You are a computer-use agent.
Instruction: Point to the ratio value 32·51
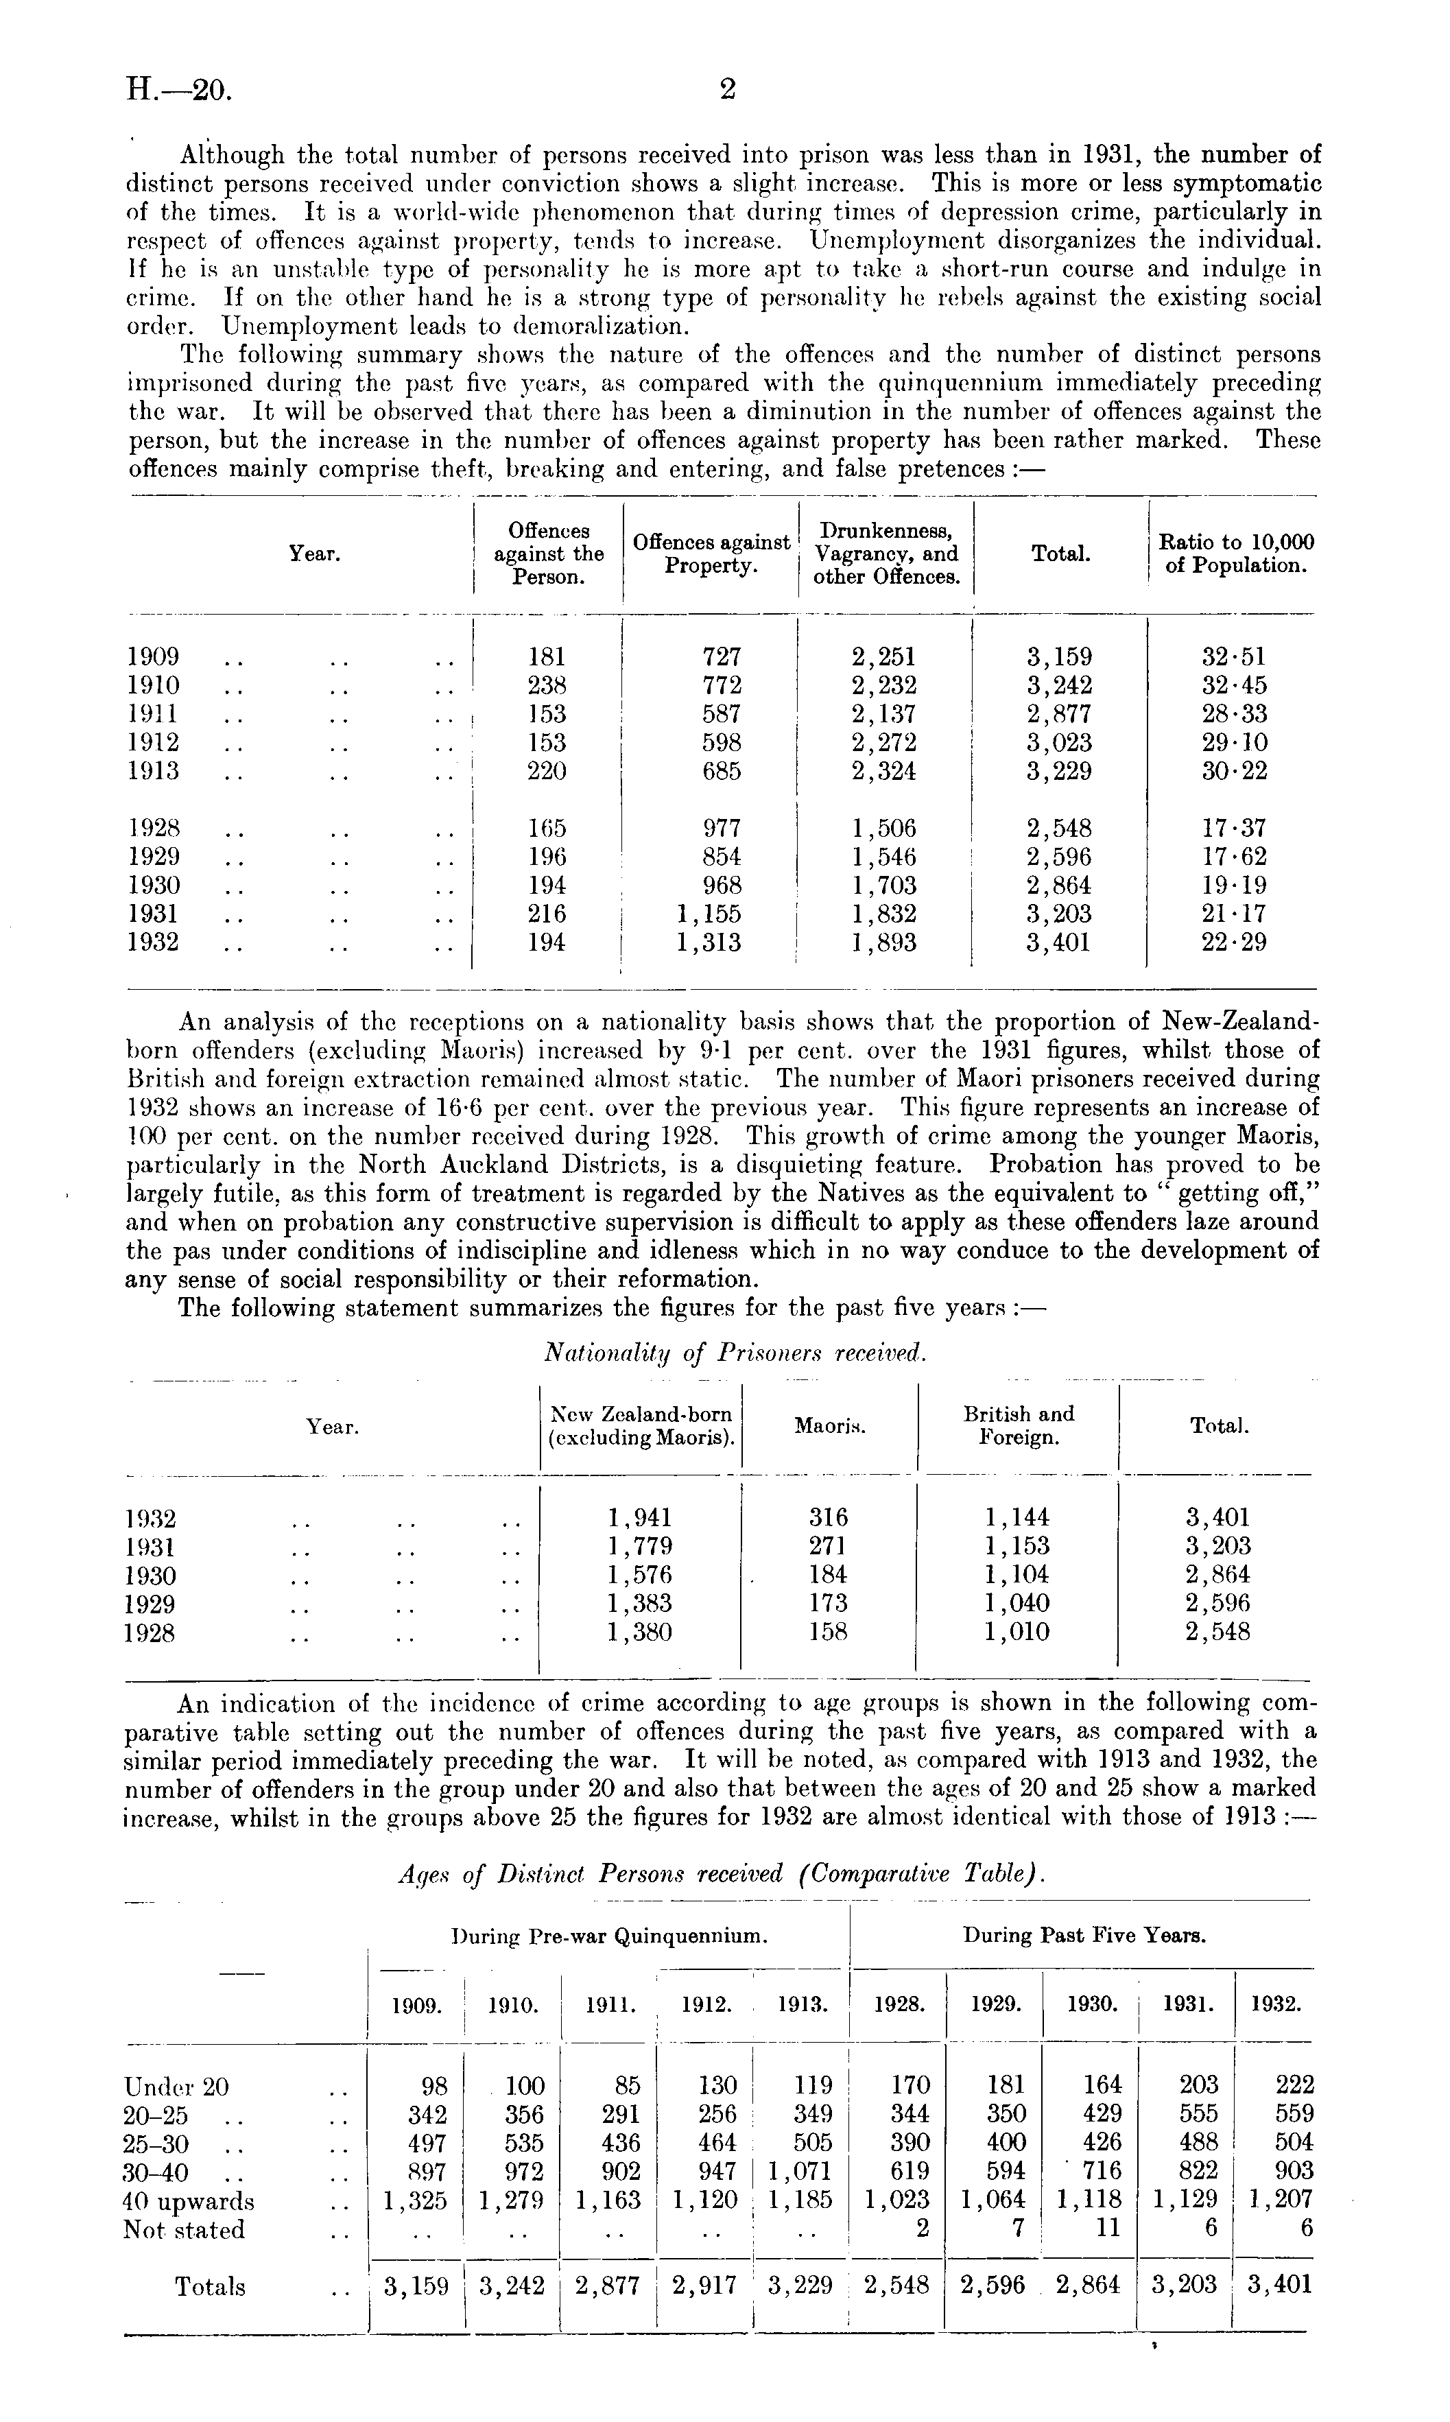1234,656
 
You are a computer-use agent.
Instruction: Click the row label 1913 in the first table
154,771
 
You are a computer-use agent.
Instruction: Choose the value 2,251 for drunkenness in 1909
883,656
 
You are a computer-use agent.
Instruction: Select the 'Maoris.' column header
829,1427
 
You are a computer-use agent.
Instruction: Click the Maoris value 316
829,1517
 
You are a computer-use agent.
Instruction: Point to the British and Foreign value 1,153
1017,1545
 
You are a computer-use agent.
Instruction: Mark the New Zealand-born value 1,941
639,1517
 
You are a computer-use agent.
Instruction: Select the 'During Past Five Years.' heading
1084,1934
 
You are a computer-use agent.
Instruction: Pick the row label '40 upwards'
189,2201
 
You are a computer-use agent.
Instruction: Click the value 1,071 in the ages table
799,2172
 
